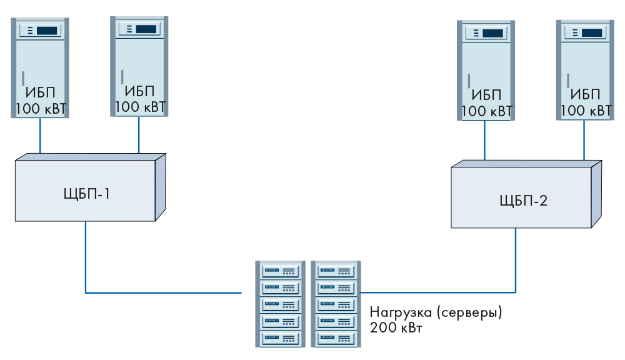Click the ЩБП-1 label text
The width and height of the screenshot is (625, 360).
click(86, 194)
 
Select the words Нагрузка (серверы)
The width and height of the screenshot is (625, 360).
click(436, 312)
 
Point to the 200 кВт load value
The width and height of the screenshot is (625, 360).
click(396, 327)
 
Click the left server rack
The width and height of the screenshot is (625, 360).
click(281, 304)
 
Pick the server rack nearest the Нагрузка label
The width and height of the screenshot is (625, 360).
click(336, 304)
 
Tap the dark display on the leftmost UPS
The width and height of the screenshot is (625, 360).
click(47, 30)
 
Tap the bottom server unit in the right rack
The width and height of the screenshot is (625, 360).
click(336, 338)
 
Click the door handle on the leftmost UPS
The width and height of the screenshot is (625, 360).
click(22, 78)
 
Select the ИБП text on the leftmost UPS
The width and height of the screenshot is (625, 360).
click(41, 94)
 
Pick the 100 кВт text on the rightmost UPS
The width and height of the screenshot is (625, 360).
click(586, 111)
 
